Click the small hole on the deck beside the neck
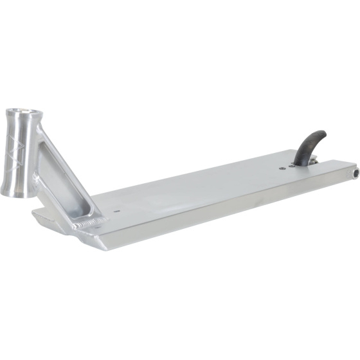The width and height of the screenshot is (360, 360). pos(116,210)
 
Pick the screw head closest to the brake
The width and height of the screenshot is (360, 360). pos(291,165)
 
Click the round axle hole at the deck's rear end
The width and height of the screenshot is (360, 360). pos(355,174)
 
